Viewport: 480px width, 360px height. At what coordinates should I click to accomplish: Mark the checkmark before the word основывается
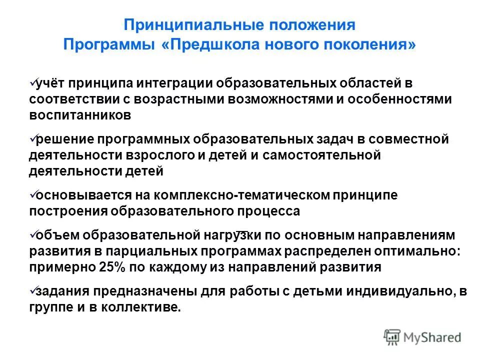[x=33, y=192]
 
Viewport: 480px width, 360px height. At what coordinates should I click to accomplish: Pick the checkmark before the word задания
[x=33, y=288]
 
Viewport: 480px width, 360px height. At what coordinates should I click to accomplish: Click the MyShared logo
[x=422, y=337]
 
